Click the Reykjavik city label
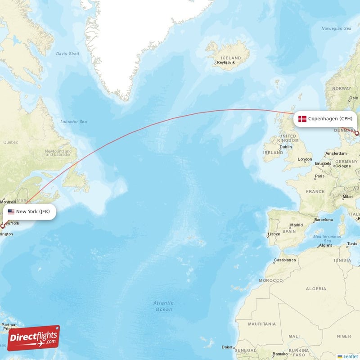(x=226, y=63)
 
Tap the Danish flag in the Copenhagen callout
(x=302, y=119)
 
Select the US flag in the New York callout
(x=11, y=211)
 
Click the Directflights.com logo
(x=33, y=338)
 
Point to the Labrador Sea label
(x=73, y=121)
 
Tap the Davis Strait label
(x=67, y=54)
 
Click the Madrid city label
(x=297, y=225)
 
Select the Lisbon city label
(x=274, y=234)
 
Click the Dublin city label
(x=286, y=147)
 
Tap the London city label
(x=305, y=159)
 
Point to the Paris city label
(x=319, y=176)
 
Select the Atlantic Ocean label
(x=163, y=306)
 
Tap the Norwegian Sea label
(x=336, y=28)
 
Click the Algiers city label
(x=325, y=245)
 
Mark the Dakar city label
(x=227, y=347)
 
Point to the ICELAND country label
(x=231, y=58)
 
